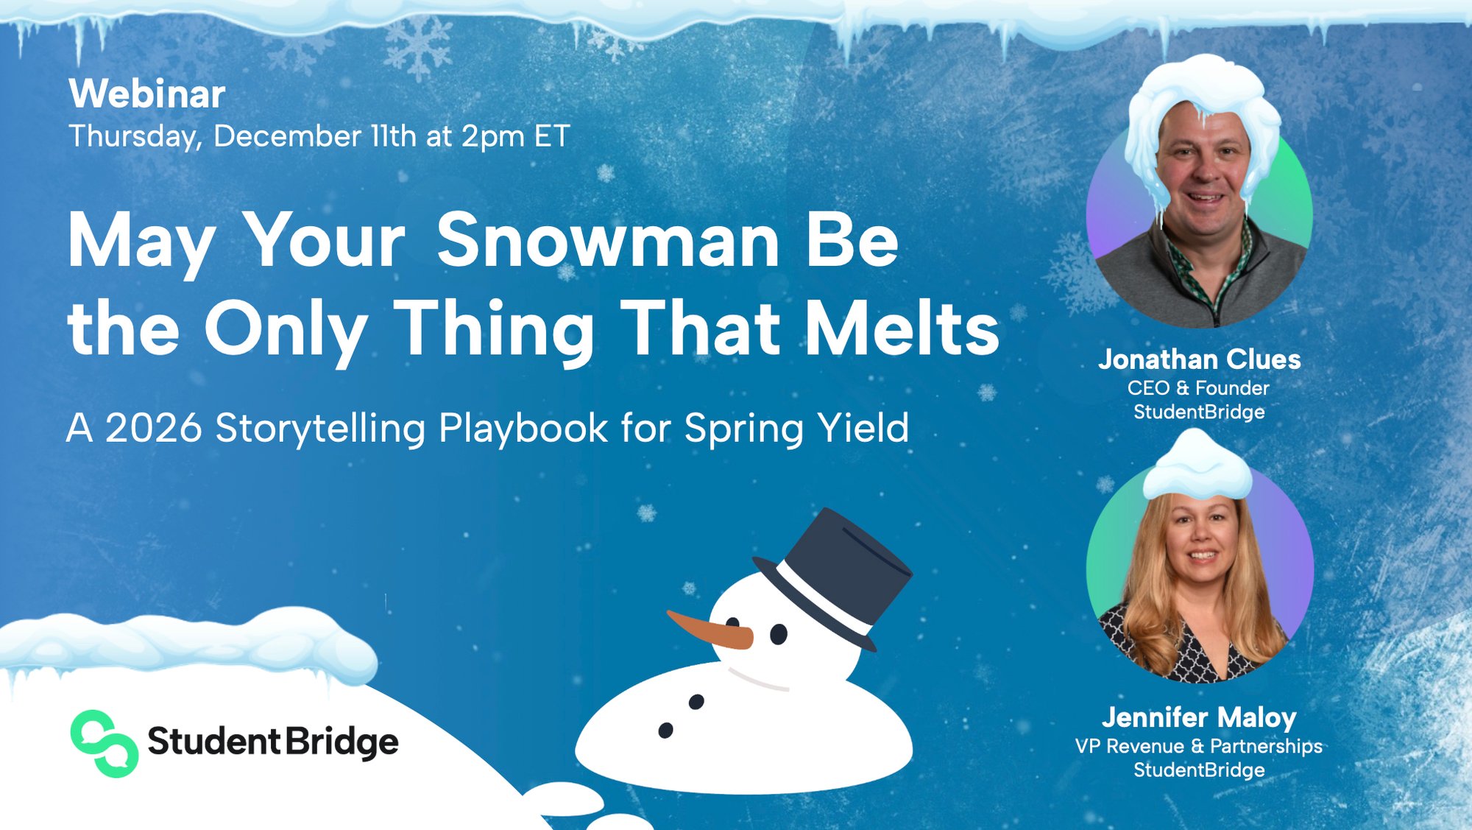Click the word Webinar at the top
point(147,94)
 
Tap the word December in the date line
point(287,137)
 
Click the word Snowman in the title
point(608,241)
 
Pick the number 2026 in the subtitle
point(154,429)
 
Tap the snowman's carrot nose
point(710,630)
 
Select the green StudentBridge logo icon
point(104,743)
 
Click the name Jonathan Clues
point(1199,360)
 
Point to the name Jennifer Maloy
point(1199,717)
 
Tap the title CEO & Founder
point(1198,388)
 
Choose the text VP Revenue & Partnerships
point(1198,746)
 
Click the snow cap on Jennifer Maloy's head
point(1197,468)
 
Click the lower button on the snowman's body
point(665,731)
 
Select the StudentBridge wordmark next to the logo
point(273,742)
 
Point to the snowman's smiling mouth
point(758,680)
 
